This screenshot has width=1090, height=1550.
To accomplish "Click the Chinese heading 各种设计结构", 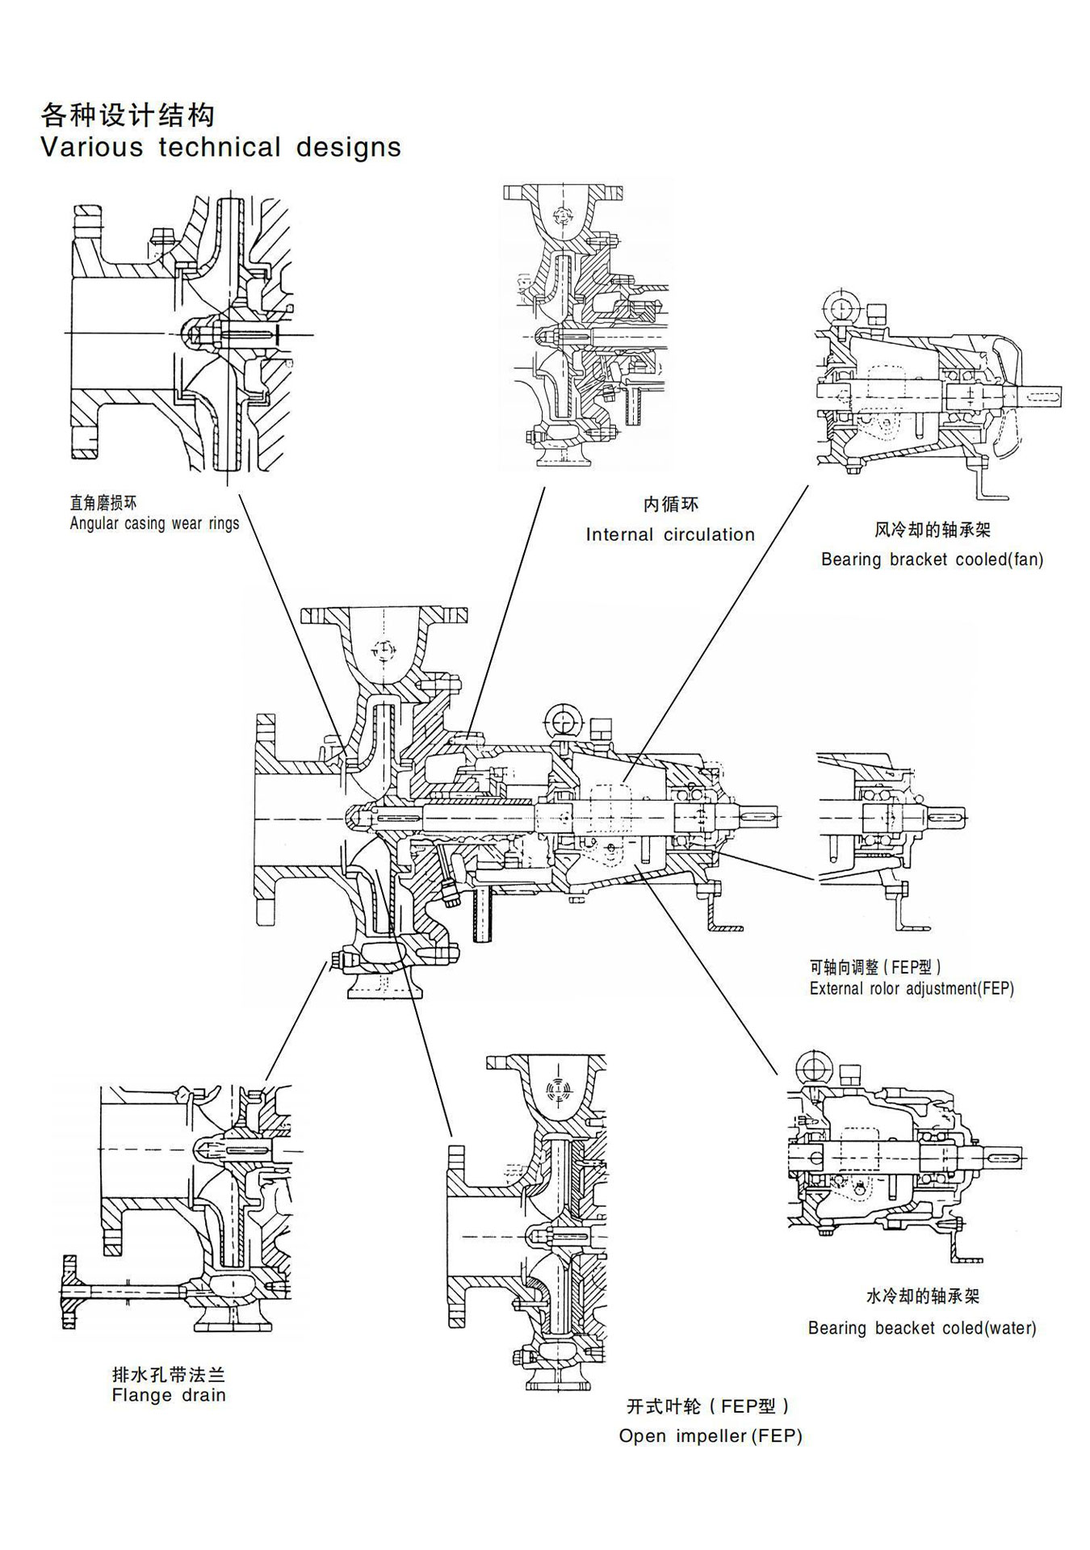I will click(x=128, y=115).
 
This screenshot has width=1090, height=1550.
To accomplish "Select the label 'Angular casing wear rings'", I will click(x=154, y=523).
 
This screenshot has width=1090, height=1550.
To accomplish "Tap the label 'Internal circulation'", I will click(x=670, y=534).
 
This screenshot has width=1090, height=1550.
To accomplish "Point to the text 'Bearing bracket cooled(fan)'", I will click(x=932, y=559).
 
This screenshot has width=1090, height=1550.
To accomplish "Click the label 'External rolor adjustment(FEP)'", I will click(x=912, y=988).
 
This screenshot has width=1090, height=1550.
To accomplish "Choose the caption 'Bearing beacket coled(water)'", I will click(x=921, y=1328).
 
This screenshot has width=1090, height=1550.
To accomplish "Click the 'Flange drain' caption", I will click(x=169, y=1395).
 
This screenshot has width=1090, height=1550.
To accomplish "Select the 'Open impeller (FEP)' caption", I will click(x=711, y=1436).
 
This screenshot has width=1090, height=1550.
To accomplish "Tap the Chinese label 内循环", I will click(x=670, y=505).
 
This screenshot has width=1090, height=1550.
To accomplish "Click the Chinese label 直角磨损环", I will click(x=103, y=504).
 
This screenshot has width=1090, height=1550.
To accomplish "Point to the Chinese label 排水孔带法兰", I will click(x=169, y=1374).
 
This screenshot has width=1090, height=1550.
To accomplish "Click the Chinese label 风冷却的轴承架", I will click(x=932, y=530).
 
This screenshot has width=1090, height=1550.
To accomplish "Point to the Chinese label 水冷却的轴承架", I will click(x=922, y=1297).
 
